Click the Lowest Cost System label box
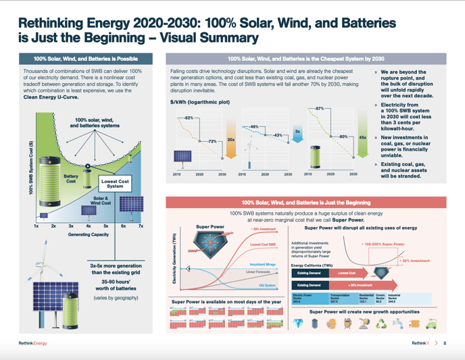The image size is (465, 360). click(115, 184)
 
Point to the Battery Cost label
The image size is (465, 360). click(71, 178)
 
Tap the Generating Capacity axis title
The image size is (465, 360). click(88, 234)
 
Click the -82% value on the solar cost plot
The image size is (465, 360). click(189, 118)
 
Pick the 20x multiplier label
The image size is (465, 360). click(230, 139)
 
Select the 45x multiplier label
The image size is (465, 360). click(362, 137)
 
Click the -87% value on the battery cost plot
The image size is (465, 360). click(319, 108)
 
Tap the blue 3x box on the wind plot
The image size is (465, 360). click(297, 131)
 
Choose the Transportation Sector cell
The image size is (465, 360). click(341, 297)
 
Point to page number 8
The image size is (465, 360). click(445, 343)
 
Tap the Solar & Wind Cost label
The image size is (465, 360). click(101, 200)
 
